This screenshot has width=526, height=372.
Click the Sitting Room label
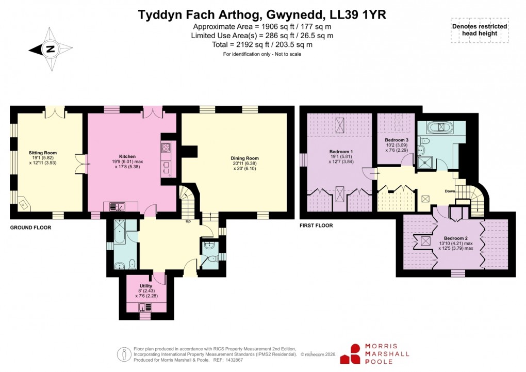43,153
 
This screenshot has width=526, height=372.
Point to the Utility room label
146,286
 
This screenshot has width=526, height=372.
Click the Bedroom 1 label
340,152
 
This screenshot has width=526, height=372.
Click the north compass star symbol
50,50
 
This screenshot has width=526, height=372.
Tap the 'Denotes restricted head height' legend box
479,30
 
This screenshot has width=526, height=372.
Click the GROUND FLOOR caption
30,227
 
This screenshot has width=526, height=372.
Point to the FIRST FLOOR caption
316,225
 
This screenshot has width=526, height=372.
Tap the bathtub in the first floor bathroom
440,126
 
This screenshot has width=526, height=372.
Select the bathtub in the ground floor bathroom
119,234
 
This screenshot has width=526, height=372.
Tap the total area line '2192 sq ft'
262,45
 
